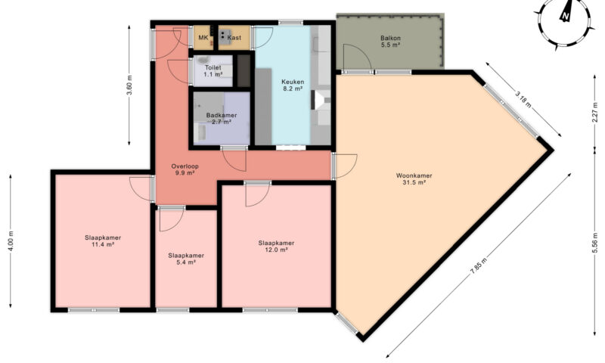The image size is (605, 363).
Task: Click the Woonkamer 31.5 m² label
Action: click(x=414, y=179)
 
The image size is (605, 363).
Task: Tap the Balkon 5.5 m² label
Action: click(x=390, y=42)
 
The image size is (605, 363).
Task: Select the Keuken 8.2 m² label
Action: click(x=293, y=85)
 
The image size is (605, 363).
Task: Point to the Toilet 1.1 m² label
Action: click(x=213, y=71)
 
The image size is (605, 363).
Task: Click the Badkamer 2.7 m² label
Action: click(x=222, y=119)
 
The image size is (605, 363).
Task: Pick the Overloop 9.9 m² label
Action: click(x=185, y=169)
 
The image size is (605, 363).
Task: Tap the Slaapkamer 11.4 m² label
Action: click(x=103, y=241)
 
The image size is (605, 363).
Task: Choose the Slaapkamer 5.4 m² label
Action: click(x=186, y=259)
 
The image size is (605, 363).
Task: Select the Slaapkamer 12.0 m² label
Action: click(x=276, y=246)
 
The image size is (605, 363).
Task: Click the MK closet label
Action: click(x=203, y=37)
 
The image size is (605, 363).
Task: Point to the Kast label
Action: click(x=234, y=37)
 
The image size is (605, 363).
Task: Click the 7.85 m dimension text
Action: click(x=479, y=265)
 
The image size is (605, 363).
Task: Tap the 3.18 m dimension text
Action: click(x=523, y=99)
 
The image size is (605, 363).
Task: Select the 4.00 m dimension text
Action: click(x=11, y=241)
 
